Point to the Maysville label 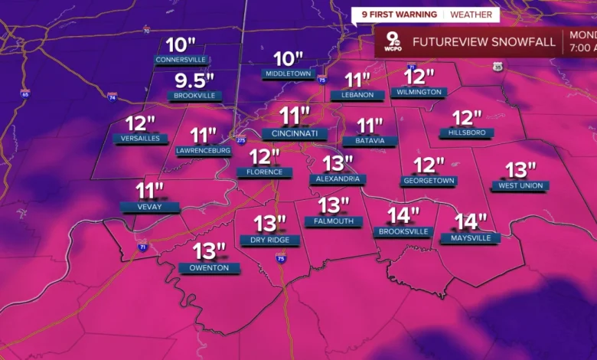pos(470,238)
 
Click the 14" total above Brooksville pos(403,215)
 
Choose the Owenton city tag pos(209,268)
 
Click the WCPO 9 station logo pos(391,42)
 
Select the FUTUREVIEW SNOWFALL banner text pos(484,42)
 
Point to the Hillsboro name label pos(466,133)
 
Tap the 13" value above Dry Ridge pos(269,224)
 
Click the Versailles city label pos(140,139)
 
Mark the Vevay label pos(150,207)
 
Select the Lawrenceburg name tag pos(203,151)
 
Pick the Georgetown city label pos(429,181)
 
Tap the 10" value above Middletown pos(289,59)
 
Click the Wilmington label pos(419,93)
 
